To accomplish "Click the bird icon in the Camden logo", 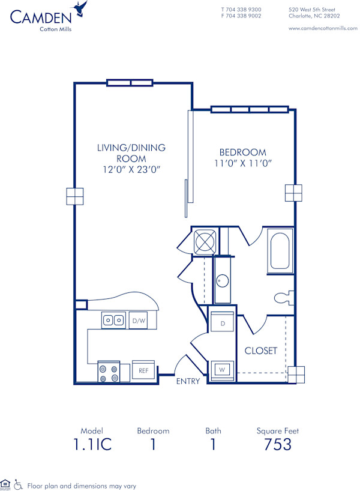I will coord(79,9).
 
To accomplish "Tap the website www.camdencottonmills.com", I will coord(318,28).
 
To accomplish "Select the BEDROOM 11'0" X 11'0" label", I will coord(242,158).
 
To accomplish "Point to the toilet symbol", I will coord(283,297).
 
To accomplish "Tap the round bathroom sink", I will coord(223,280).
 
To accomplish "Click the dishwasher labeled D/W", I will coord(139,321).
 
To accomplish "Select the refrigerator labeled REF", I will coord(144,371).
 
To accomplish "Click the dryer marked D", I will coord(223,324).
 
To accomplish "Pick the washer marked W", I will coord(222,370).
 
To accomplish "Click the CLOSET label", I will coord(260,351).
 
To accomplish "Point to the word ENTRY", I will coord(188,381).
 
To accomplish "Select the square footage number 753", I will coord(278,445).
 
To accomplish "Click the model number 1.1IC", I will coord(92,445).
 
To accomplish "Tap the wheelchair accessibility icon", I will coord(18,484).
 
